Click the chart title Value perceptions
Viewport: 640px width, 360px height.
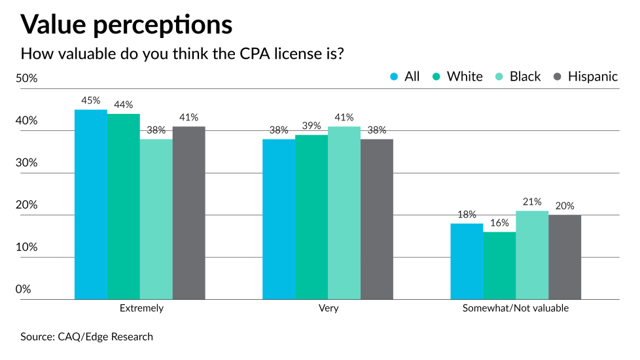(126, 24)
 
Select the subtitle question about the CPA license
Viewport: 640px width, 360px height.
(183, 53)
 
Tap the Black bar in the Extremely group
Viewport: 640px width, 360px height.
(156, 219)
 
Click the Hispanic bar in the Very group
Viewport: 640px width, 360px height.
(377, 219)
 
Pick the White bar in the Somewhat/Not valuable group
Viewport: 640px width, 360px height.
(499, 266)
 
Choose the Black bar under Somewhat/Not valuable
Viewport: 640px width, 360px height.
(532, 255)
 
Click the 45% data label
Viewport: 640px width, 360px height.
(91, 101)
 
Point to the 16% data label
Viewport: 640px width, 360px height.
(499, 223)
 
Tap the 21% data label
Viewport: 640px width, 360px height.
(532, 202)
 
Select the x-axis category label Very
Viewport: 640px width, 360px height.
(328, 308)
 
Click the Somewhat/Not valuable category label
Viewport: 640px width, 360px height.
(516, 308)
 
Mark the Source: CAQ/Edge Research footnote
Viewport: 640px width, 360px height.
(87, 336)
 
